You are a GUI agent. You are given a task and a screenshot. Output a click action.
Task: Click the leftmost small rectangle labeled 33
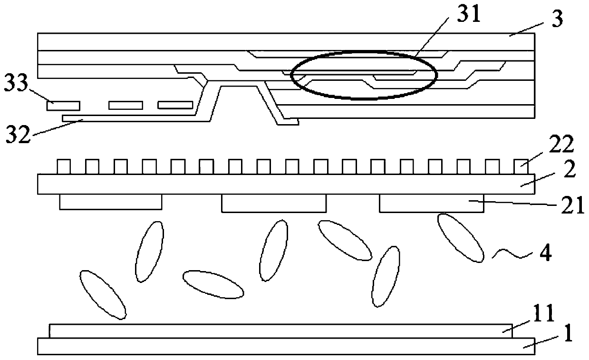[x=63, y=106]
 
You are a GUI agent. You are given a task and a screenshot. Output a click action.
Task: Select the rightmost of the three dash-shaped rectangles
[x=175, y=105]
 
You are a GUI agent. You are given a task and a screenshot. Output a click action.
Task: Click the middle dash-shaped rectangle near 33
[x=126, y=105]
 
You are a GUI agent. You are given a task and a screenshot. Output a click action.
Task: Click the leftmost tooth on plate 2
[x=64, y=167]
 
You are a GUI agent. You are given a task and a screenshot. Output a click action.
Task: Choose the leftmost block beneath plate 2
[x=110, y=202]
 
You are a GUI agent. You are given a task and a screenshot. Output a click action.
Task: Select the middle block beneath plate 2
[x=274, y=203]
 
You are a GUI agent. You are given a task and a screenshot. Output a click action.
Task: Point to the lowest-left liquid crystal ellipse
[x=103, y=294]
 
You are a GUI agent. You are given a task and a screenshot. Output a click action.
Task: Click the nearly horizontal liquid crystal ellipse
[x=213, y=284]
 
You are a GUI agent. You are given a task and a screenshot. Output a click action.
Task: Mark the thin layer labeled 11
[x=280, y=331]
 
